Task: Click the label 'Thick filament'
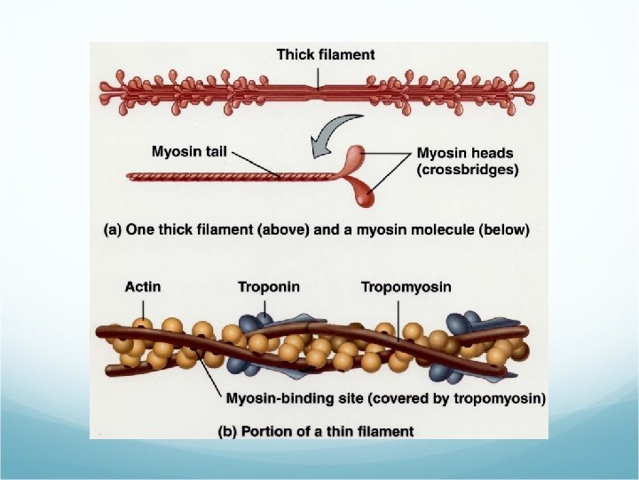click(x=326, y=54)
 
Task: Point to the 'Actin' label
click(x=143, y=286)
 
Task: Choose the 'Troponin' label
click(x=268, y=286)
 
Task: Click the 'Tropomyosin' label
click(x=406, y=286)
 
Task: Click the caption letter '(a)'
click(x=113, y=229)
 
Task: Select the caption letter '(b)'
click(x=227, y=431)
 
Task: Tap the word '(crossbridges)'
click(x=468, y=170)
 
